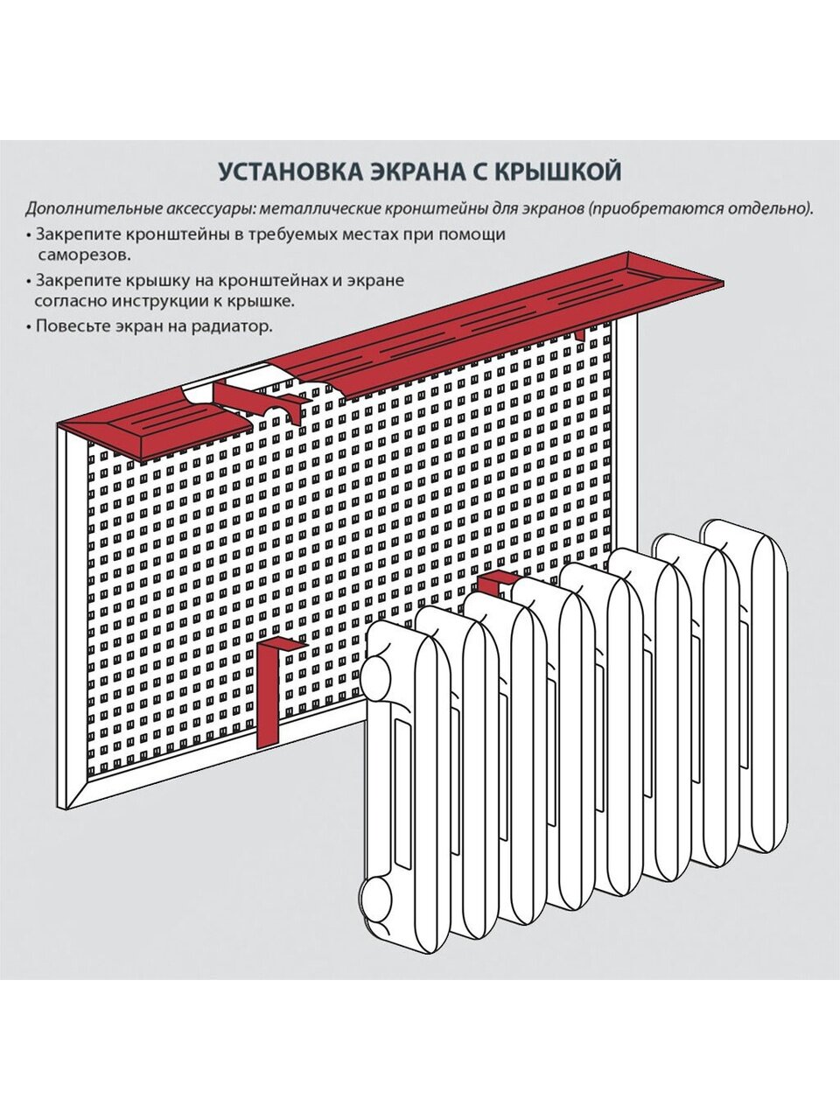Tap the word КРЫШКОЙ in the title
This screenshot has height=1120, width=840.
point(561,170)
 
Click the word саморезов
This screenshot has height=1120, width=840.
point(85,256)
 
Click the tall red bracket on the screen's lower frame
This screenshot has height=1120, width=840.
point(271,691)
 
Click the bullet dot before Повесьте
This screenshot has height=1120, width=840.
point(29,327)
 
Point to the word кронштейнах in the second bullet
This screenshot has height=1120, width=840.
point(239,280)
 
